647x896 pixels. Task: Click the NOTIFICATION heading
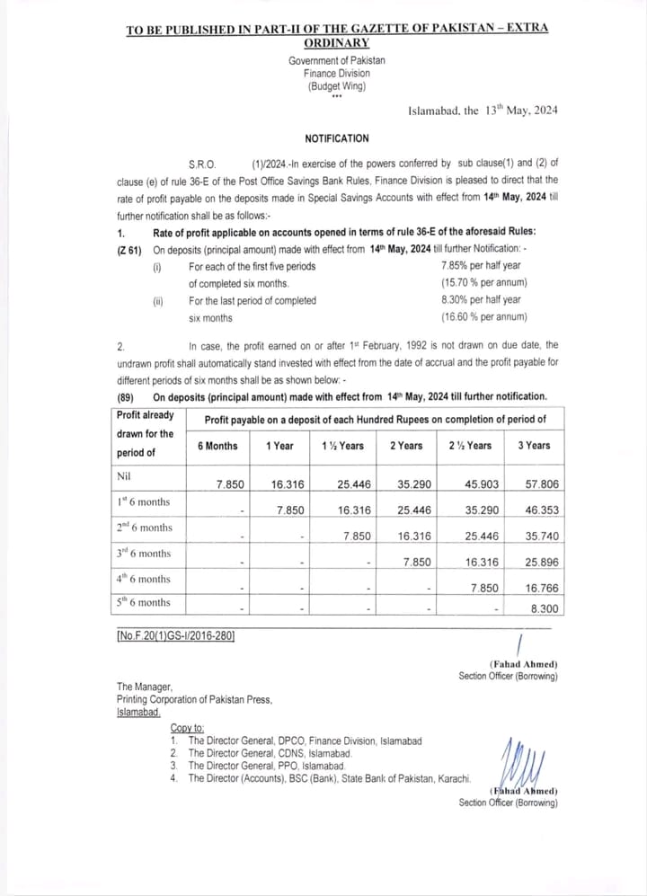[336, 138]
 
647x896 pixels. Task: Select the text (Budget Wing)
[336, 86]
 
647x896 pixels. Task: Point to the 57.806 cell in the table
[543, 484]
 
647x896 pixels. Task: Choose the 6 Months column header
[217, 446]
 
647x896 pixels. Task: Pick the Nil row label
[125, 475]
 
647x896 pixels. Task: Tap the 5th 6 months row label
[143, 603]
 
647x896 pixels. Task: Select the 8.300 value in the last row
[545, 608]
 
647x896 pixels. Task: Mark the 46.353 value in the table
[543, 510]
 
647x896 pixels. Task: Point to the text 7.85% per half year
[481, 266]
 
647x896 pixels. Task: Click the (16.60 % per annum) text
[483, 317]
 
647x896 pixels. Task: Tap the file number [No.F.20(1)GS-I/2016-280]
[175, 636]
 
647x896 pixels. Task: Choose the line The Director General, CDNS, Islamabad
[270, 753]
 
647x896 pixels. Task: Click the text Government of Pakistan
[336, 60]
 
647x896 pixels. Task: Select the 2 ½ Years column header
[470, 446]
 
